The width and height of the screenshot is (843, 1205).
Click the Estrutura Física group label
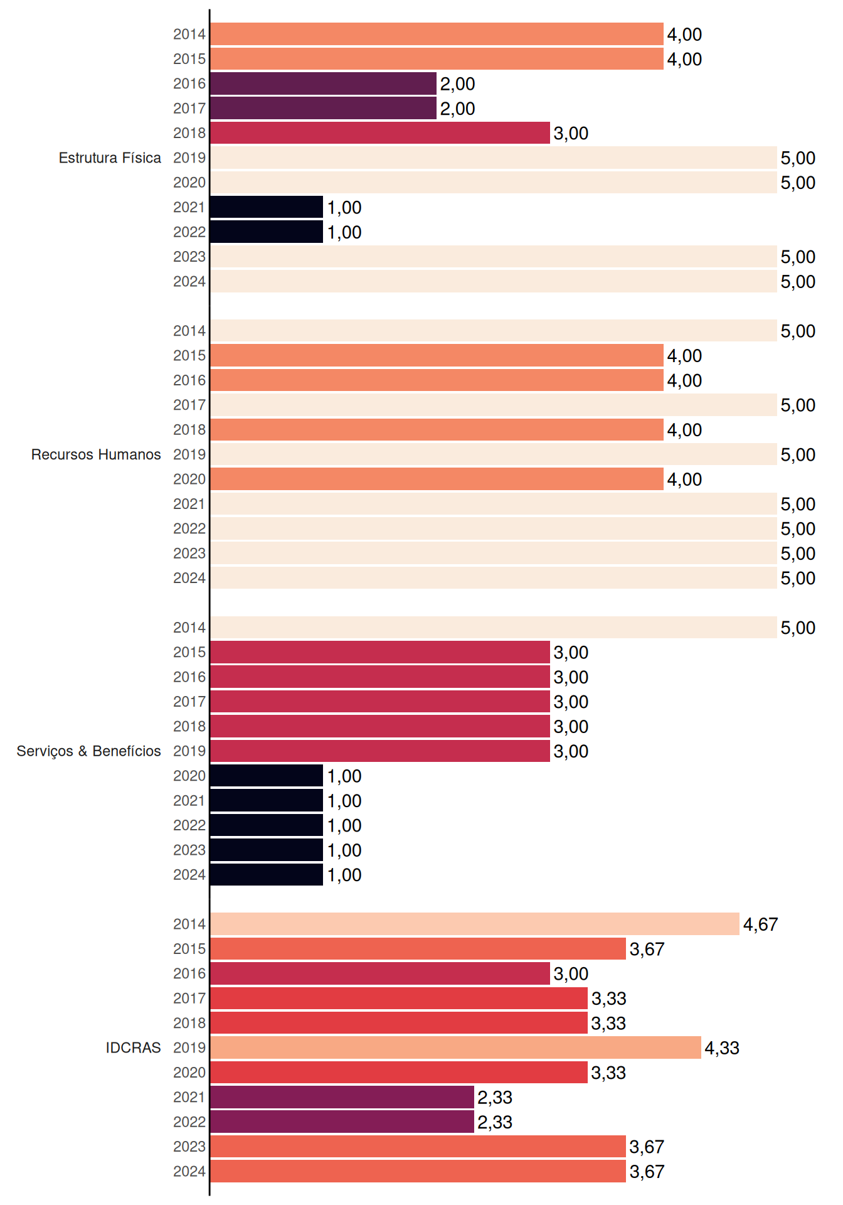tap(110, 158)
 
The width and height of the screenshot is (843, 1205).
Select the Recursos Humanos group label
tap(96, 454)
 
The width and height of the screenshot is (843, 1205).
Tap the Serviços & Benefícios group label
tap(88, 751)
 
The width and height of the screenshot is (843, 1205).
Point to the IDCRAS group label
tap(133, 1047)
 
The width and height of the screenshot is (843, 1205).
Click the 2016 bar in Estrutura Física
tap(323, 83)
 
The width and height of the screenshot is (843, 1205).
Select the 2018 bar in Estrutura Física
tap(380, 133)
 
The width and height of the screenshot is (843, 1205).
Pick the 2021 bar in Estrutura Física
tap(267, 207)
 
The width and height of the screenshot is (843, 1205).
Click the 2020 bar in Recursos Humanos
tap(437, 479)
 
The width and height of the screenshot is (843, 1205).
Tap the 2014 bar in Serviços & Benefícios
tap(494, 628)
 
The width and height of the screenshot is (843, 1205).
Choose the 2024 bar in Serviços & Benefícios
tap(267, 875)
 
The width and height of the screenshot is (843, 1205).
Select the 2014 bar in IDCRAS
tap(475, 924)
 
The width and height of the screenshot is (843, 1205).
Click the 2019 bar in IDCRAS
tap(455, 1047)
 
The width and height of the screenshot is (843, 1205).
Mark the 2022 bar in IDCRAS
tap(342, 1122)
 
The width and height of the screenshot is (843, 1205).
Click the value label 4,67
tap(760, 924)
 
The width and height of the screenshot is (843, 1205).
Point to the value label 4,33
tap(722, 1048)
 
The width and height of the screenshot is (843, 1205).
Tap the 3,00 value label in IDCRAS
tap(571, 974)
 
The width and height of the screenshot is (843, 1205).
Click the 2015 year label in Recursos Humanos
tap(189, 355)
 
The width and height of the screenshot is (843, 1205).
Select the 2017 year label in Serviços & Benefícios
tap(189, 702)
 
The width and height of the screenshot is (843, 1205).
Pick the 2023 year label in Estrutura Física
tap(189, 257)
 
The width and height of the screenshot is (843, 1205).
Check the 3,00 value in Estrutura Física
tap(571, 134)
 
